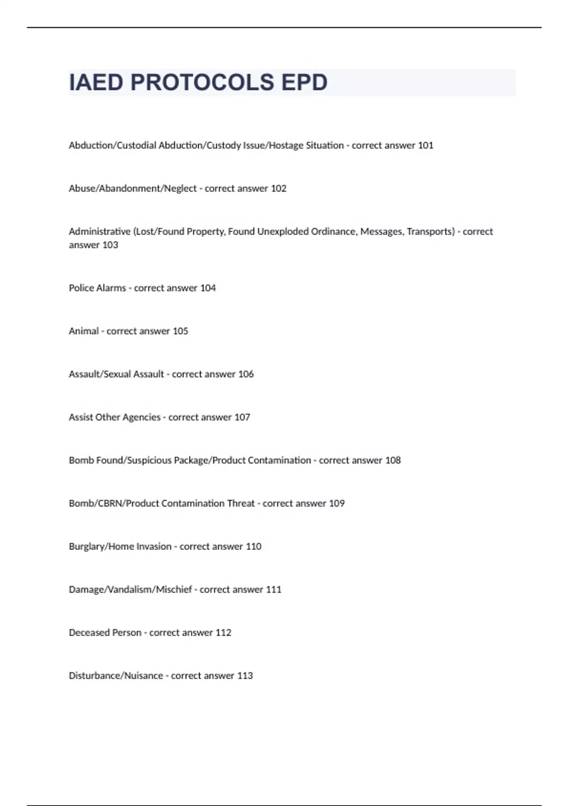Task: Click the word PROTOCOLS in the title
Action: [202, 82]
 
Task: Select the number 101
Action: [425, 146]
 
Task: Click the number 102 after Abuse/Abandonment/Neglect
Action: [278, 189]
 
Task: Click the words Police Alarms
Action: [97, 288]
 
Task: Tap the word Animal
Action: [83, 331]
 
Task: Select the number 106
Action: [246, 375]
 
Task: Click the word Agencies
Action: [141, 418]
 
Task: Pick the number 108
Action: [393, 460]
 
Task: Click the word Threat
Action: [241, 504]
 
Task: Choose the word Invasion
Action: [154, 547]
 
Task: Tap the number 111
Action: [274, 590]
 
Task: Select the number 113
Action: [245, 676]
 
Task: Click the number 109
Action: [337, 504]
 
